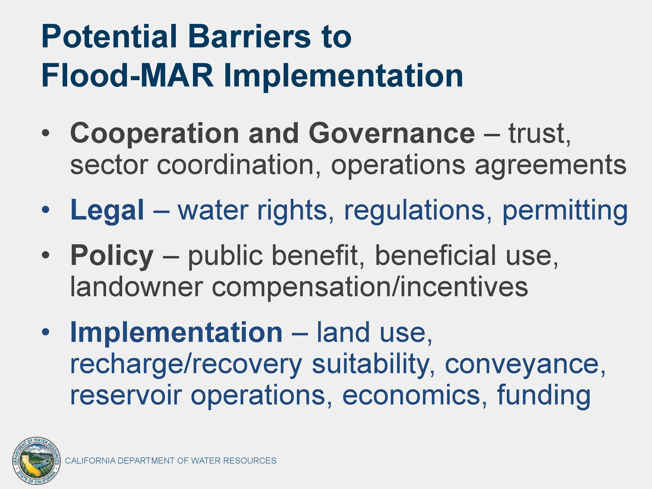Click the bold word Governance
click(x=392, y=133)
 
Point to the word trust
click(x=539, y=133)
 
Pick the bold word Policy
click(x=112, y=256)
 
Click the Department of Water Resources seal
click(x=37, y=460)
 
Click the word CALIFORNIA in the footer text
click(x=90, y=461)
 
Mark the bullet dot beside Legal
click(x=46, y=210)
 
